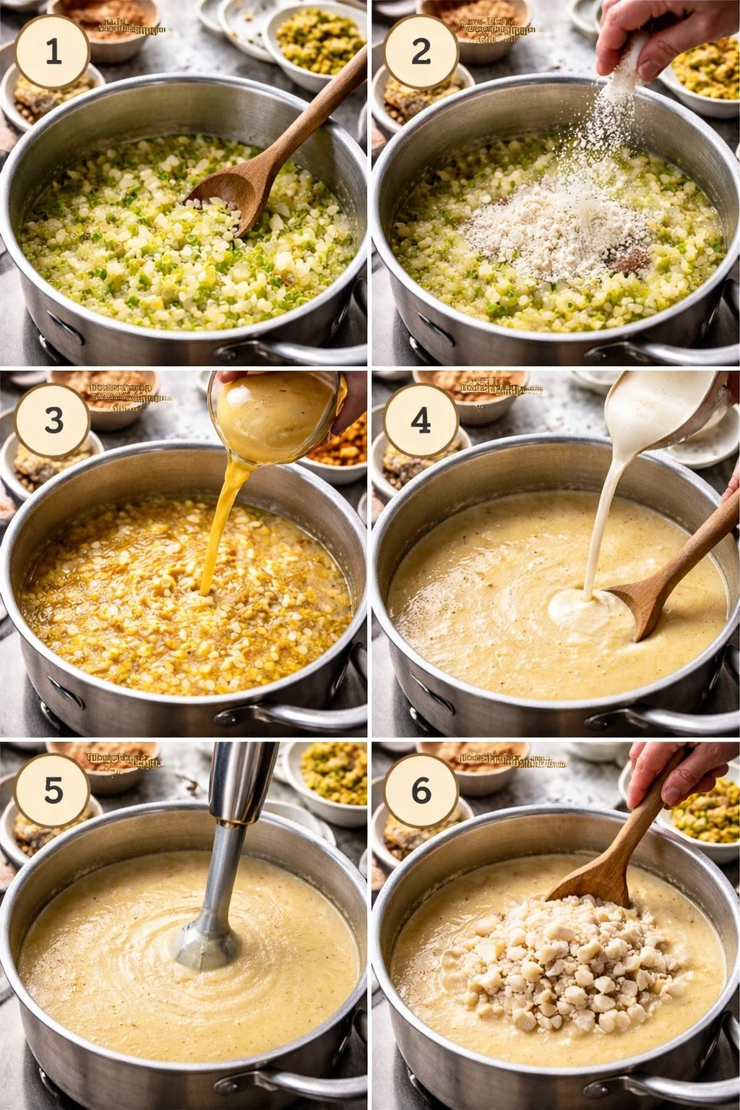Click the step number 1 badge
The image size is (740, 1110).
(53, 52)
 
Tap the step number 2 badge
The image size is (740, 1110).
(421, 52)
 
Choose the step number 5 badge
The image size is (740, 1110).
(53, 791)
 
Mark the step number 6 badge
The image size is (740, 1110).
(421, 791)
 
